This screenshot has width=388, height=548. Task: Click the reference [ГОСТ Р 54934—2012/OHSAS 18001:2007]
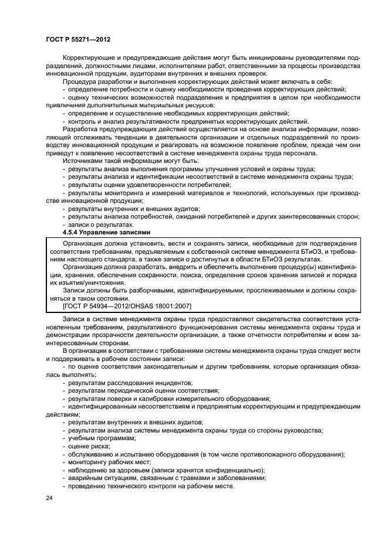click(x=126, y=306)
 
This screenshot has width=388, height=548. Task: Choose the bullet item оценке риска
click(x=89, y=446)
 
